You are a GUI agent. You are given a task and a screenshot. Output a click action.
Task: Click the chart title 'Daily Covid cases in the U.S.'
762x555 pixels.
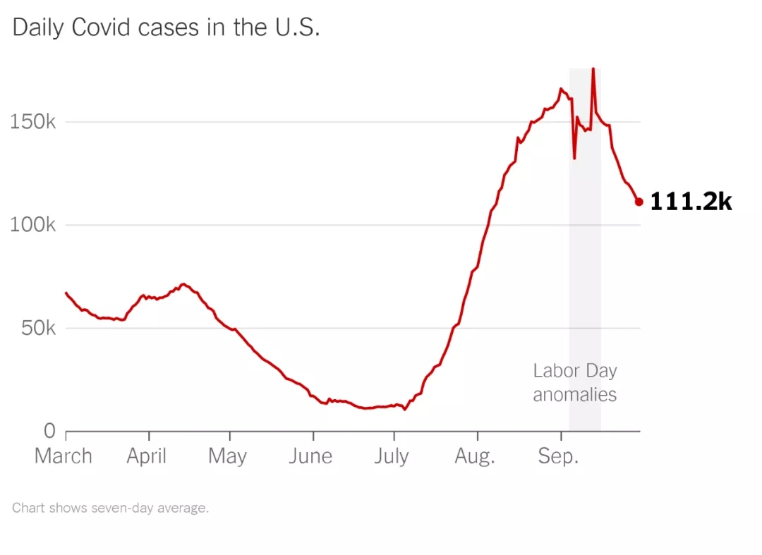[167, 28]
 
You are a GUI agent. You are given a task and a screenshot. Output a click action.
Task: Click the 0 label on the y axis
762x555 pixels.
[49, 430]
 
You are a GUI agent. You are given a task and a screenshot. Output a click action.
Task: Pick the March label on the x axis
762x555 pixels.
[64, 456]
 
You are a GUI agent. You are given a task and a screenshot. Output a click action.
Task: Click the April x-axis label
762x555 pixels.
[147, 456]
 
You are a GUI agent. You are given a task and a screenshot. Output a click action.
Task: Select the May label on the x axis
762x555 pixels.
[227, 456]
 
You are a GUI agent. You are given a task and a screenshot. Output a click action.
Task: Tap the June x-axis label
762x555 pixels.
[310, 456]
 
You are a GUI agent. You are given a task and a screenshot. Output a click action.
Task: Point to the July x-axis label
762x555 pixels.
[392, 456]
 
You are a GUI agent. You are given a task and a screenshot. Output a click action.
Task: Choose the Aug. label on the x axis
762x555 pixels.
[475, 456]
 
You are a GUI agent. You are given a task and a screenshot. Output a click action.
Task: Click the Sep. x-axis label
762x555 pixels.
[558, 456]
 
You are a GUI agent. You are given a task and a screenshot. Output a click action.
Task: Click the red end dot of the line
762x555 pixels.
[639, 202]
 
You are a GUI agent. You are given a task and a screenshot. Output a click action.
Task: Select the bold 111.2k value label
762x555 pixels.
[691, 202]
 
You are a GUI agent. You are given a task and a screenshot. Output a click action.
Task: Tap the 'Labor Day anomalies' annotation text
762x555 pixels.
[575, 382]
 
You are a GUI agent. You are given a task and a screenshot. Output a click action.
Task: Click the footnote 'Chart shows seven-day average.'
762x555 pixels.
[111, 508]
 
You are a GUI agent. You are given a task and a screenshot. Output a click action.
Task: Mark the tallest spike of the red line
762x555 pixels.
[593, 69]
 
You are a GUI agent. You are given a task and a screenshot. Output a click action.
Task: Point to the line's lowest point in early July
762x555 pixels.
[404, 409]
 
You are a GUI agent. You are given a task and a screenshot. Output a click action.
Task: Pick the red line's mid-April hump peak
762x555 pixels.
[183, 284]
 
